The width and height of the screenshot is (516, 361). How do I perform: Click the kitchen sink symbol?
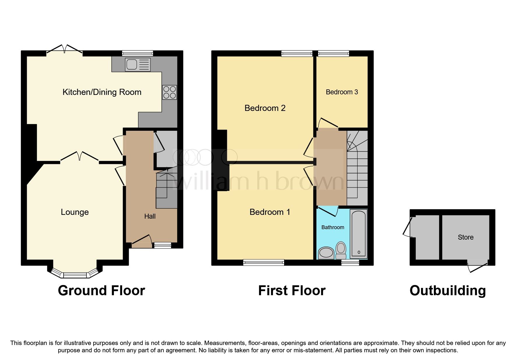tap(138, 64)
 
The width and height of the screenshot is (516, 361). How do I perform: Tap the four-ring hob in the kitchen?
tap(169, 92)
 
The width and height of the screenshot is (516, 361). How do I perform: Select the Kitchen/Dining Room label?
tap(102, 92)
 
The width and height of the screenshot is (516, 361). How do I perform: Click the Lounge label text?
tap(75, 212)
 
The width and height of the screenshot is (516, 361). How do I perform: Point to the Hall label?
tap(150, 216)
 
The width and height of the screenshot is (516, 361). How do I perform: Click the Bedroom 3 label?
tap(342, 92)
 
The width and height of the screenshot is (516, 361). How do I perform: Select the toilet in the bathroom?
tap(341, 250)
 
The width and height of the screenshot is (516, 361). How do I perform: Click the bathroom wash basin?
tap(326, 253)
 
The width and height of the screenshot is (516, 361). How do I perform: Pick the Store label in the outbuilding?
tap(465, 237)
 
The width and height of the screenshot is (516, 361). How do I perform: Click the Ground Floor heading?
tap(101, 291)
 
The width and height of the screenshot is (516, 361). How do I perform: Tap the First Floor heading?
tap(292, 291)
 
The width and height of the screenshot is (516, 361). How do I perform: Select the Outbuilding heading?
tap(448, 291)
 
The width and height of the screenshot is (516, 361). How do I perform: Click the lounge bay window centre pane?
tap(75, 275)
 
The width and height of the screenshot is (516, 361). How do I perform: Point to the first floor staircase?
tap(357, 169)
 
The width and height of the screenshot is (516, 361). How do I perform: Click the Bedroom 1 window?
tap(264, 263)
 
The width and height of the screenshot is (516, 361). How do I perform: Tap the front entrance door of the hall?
tap(142, 242)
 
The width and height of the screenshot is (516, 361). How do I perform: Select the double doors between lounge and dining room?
tap(80, 157)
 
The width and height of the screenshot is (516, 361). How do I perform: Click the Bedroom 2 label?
tap(265, 108)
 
